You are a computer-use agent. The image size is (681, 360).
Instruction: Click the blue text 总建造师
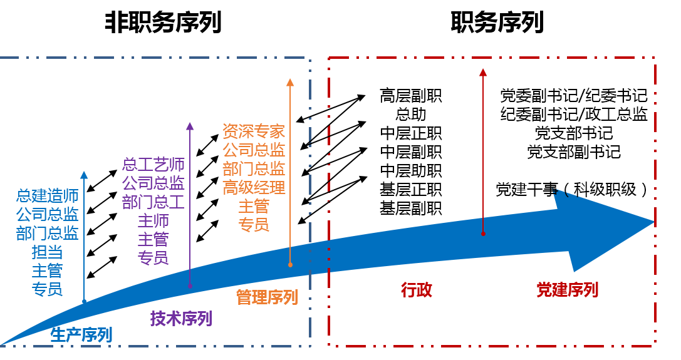coord(47,196)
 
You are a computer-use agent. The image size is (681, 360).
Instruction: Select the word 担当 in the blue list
coord(47,252)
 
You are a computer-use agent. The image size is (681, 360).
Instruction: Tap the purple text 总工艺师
coord(153,165)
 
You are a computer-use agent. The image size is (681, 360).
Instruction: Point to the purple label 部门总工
coord(153,202)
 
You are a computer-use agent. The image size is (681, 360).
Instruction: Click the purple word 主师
coord(153,221)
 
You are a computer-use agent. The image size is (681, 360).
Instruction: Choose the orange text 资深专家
coord(254,131)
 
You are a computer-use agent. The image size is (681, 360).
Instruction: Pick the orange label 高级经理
coord(254,187)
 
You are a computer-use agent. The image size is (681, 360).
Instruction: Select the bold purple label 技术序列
coord(181,319)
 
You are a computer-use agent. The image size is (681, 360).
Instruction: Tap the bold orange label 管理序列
coord(267,297)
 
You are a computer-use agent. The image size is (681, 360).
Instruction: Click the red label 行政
coord(417,290)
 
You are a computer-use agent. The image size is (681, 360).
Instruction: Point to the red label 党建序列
coord(568,290)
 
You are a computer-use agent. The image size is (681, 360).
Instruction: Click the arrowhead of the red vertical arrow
coord(483,72)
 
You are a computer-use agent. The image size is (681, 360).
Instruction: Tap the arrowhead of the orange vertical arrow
coord(290,82)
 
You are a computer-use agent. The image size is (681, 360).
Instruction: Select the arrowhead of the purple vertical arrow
coord(190,126)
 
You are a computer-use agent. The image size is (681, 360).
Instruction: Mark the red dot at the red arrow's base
coord(483,234)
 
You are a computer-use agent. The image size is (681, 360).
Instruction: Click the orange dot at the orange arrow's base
coord(290,265)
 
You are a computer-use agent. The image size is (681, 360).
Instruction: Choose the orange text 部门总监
coord(254,168)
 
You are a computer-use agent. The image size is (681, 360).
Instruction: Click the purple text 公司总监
coord(153,183)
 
